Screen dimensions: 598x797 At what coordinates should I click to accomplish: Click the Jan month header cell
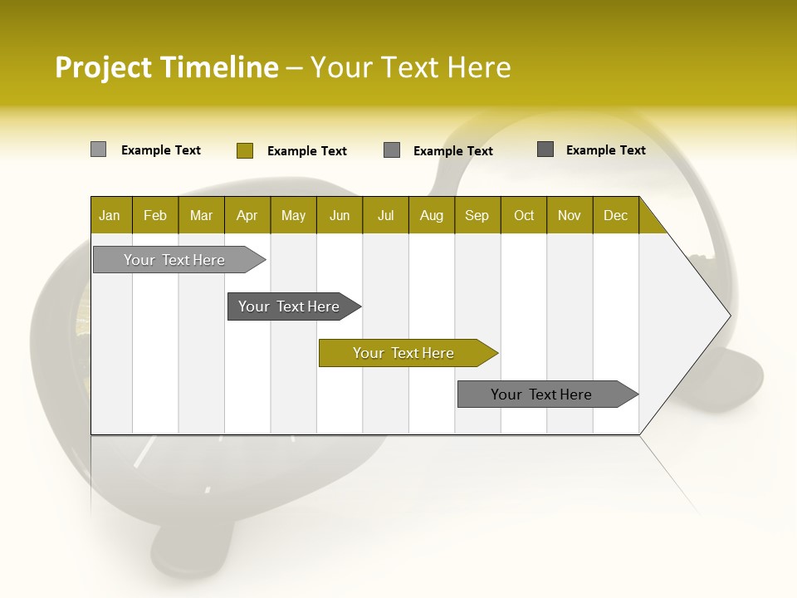click(x=110, y=215)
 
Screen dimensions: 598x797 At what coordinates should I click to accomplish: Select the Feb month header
click(x=155, y=215)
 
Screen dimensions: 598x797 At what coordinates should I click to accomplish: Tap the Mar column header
click(x=201, y=215)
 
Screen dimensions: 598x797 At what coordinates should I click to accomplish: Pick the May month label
click(x=293, y=215)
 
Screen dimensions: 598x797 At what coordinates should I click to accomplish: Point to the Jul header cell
click(x=385, y=215)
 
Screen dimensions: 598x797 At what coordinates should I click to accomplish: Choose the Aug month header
click(x=432, y=215)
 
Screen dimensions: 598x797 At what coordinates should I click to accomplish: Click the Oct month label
click(x=524, y=215)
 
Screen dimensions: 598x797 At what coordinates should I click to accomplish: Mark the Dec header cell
click(x=616, y=215)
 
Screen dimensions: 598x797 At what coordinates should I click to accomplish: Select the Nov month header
click(x=570, y=215)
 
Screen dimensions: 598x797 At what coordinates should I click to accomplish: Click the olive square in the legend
click(x=245, y=150)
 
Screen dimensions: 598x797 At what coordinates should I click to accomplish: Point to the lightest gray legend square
click(x=99, y=149)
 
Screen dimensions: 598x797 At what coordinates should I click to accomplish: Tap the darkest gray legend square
click(x=545, y=149)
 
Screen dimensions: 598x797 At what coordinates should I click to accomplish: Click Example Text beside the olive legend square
click(x=307, y=151)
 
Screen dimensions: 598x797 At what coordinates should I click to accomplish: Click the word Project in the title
click(x=104, y=68)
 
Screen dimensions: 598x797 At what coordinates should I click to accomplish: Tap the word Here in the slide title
click(x=478, y=67)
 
